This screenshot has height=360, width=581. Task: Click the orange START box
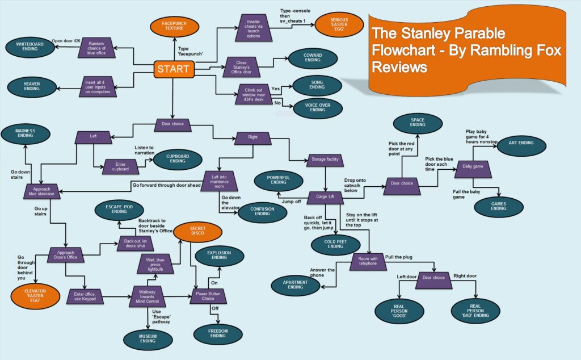click(x=174, y=69)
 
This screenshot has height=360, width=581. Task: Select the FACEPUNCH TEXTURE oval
click(x=174, y=26)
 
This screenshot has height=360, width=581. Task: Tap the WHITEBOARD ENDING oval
click(x=30, y=47)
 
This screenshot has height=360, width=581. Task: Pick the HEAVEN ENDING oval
click(x=32, y=86)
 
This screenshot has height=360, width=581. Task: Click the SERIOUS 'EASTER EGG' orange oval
click(x=339, y=24)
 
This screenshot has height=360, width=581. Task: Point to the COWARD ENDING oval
click(x=313, y=57)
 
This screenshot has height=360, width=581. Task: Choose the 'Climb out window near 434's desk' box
click(x=254, y=94)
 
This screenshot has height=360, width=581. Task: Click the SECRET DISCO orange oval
click(x=197, y=231)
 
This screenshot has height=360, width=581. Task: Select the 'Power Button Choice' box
click(x=208, y=295)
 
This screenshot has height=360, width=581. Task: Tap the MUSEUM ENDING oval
click(x=148, y=339)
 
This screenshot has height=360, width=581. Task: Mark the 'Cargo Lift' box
click(x=325, y=197)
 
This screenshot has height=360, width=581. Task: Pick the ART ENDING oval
click(x=521, y=145)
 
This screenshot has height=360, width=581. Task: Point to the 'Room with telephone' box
click(x=368, y=261)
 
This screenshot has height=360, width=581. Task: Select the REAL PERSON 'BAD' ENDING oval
click(x=475, y=311)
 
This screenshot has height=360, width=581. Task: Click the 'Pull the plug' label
click(x=399, y=257)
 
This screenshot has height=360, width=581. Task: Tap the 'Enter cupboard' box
click(x=120, y=167)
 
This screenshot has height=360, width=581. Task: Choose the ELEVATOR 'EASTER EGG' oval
click(x=35, y=296)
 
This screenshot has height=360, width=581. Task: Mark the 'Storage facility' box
click(x=325, y=160)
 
